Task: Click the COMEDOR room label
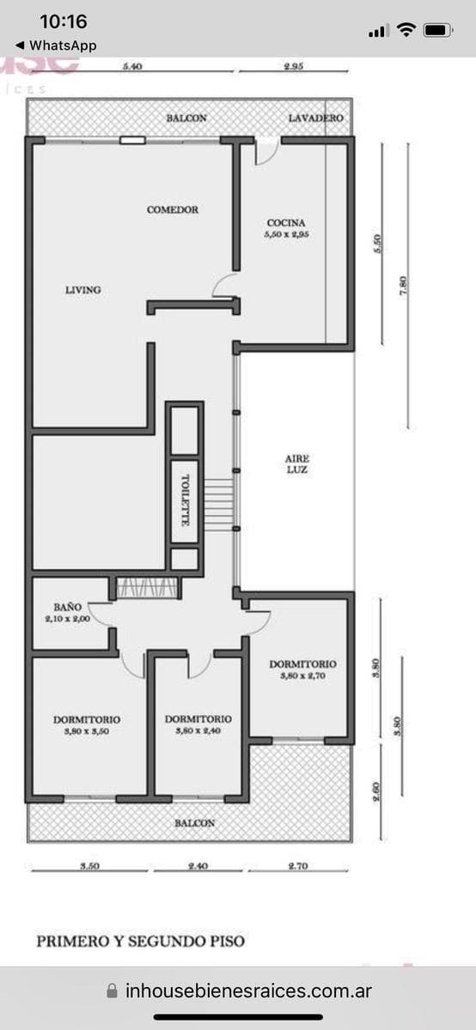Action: tap(173, 209)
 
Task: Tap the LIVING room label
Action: tap(83, 290)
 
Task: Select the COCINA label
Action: tap(286, 223)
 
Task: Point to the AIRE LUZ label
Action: tap(297, 464)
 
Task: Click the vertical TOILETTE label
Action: tap(184, 503)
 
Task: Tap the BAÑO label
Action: tap(67, 607)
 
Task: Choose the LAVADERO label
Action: tap(315, 118)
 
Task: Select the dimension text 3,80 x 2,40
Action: tap(198, 731)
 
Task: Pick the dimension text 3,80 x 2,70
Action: tap(302, 676)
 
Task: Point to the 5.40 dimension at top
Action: tap(131, 66)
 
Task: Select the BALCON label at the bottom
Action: tap(194, 823)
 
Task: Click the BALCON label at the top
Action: tap(186, 118)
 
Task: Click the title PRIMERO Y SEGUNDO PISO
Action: tap(140, 941)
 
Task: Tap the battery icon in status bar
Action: tap(437, 30)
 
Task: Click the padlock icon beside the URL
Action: tap(112, 991)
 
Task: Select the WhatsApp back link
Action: tap(56, 45)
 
